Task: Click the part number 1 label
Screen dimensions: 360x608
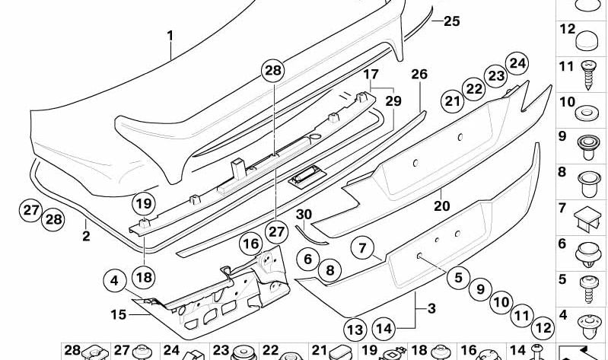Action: point(170,35)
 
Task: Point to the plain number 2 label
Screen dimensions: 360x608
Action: point(86,237)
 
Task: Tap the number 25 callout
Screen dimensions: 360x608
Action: point(451,21)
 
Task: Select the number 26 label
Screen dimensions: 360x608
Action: point(419,74)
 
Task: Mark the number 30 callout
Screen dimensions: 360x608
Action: point(304,215)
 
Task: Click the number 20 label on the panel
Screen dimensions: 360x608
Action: point(442,205)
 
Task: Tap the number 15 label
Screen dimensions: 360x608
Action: point(118,314)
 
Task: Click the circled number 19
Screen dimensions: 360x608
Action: point(144,203)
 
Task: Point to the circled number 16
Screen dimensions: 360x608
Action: point(251,244)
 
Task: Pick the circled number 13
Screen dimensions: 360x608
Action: point(354,330)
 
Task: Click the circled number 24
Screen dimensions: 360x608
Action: point(517,63)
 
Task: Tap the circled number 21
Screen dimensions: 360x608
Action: point(454,100)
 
